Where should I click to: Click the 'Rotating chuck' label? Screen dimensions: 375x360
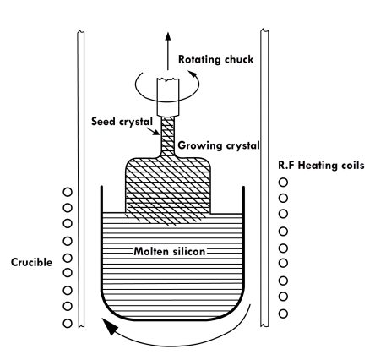(216, 59)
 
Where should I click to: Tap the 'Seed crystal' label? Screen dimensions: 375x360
(122, 122)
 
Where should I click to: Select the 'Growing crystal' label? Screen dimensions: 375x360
(219, 145)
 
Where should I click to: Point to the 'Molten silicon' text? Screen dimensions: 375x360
(170, 251)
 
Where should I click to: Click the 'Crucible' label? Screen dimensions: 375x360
(31, 262)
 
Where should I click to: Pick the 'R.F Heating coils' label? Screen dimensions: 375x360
(321, 165)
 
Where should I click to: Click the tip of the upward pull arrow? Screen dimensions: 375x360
(168, 33)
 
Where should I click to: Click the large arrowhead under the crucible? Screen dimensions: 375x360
(110, 326)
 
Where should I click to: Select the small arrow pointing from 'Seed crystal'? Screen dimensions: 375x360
(154, 131)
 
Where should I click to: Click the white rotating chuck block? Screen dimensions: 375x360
(168, 97)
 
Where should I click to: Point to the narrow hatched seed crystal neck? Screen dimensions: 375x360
(168, 137)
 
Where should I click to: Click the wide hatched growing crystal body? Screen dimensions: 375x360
(168, 188)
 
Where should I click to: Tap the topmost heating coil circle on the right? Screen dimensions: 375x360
(283, 183)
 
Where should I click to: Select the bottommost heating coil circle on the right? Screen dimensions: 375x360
(283, 314)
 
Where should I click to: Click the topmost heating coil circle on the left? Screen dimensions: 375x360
(68, 192)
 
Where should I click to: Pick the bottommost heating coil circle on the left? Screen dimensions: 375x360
(68, 323)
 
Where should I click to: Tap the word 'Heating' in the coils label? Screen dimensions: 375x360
(318, 166)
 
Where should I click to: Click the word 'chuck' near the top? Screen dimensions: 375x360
(239, 59)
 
